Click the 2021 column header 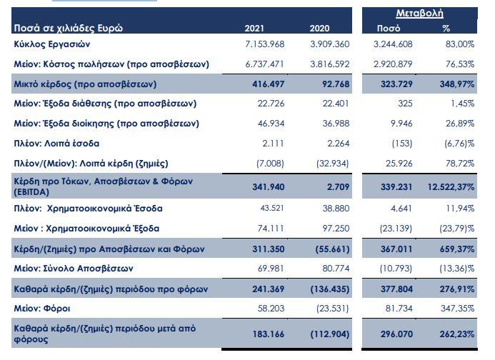(254, 29)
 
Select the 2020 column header (319, 29)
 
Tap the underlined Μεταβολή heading (419, 14)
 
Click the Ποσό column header (388, 29)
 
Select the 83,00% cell (459, 44)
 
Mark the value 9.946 (402, 124)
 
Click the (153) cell (402, 144)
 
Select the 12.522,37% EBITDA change (451, 188)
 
